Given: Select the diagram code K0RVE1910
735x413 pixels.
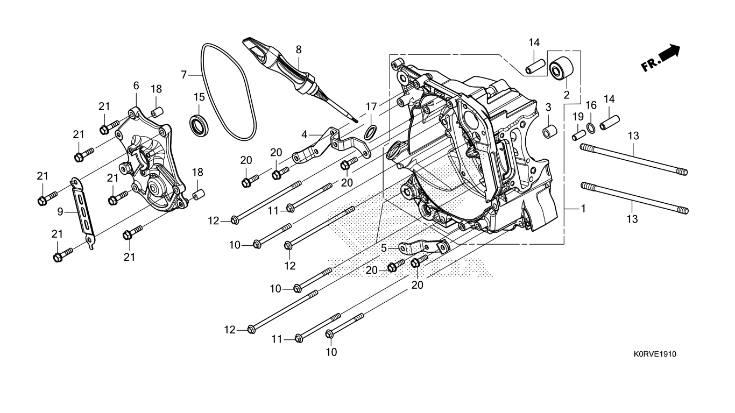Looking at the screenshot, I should [x=654, y=354].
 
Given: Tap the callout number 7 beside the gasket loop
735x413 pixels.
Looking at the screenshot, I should [x=183, y=74].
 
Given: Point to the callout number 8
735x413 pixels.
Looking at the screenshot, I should [x=298, y=49].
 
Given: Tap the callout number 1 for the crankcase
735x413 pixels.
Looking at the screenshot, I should [x=582, y=208].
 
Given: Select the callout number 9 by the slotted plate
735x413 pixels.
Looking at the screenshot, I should [x=61, y=212].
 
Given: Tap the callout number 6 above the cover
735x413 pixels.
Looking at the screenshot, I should [x=136, y=86].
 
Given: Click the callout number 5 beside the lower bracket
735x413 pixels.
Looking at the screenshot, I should [x=384, y=248].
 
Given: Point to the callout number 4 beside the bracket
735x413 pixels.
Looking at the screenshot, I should [x=304, y=133].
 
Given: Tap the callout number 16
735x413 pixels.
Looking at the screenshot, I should [x=590, y=104].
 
